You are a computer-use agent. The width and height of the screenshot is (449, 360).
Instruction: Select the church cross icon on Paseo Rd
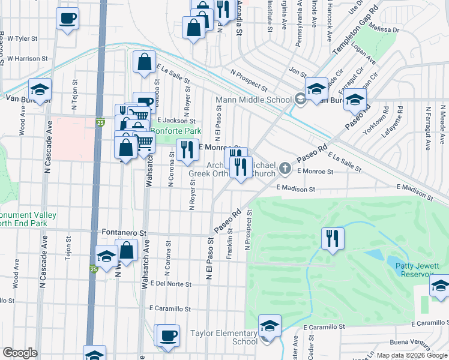click(x=285, y=170)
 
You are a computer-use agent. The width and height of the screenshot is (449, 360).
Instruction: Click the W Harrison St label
click(x=27, y=59)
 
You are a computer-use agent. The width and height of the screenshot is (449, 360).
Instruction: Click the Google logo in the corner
click(x=19, y=353)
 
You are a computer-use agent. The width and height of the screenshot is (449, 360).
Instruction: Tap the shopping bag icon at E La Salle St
click(x=145, y=62)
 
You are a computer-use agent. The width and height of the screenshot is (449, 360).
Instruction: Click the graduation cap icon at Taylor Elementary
click(x=270, y=326)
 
